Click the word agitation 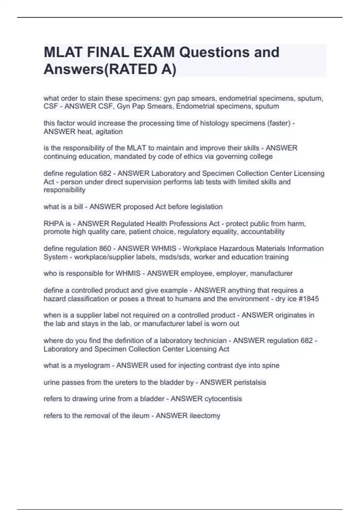[x=109, y=132]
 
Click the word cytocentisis [x=223, y=399]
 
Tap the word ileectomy [x=205, y=416]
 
